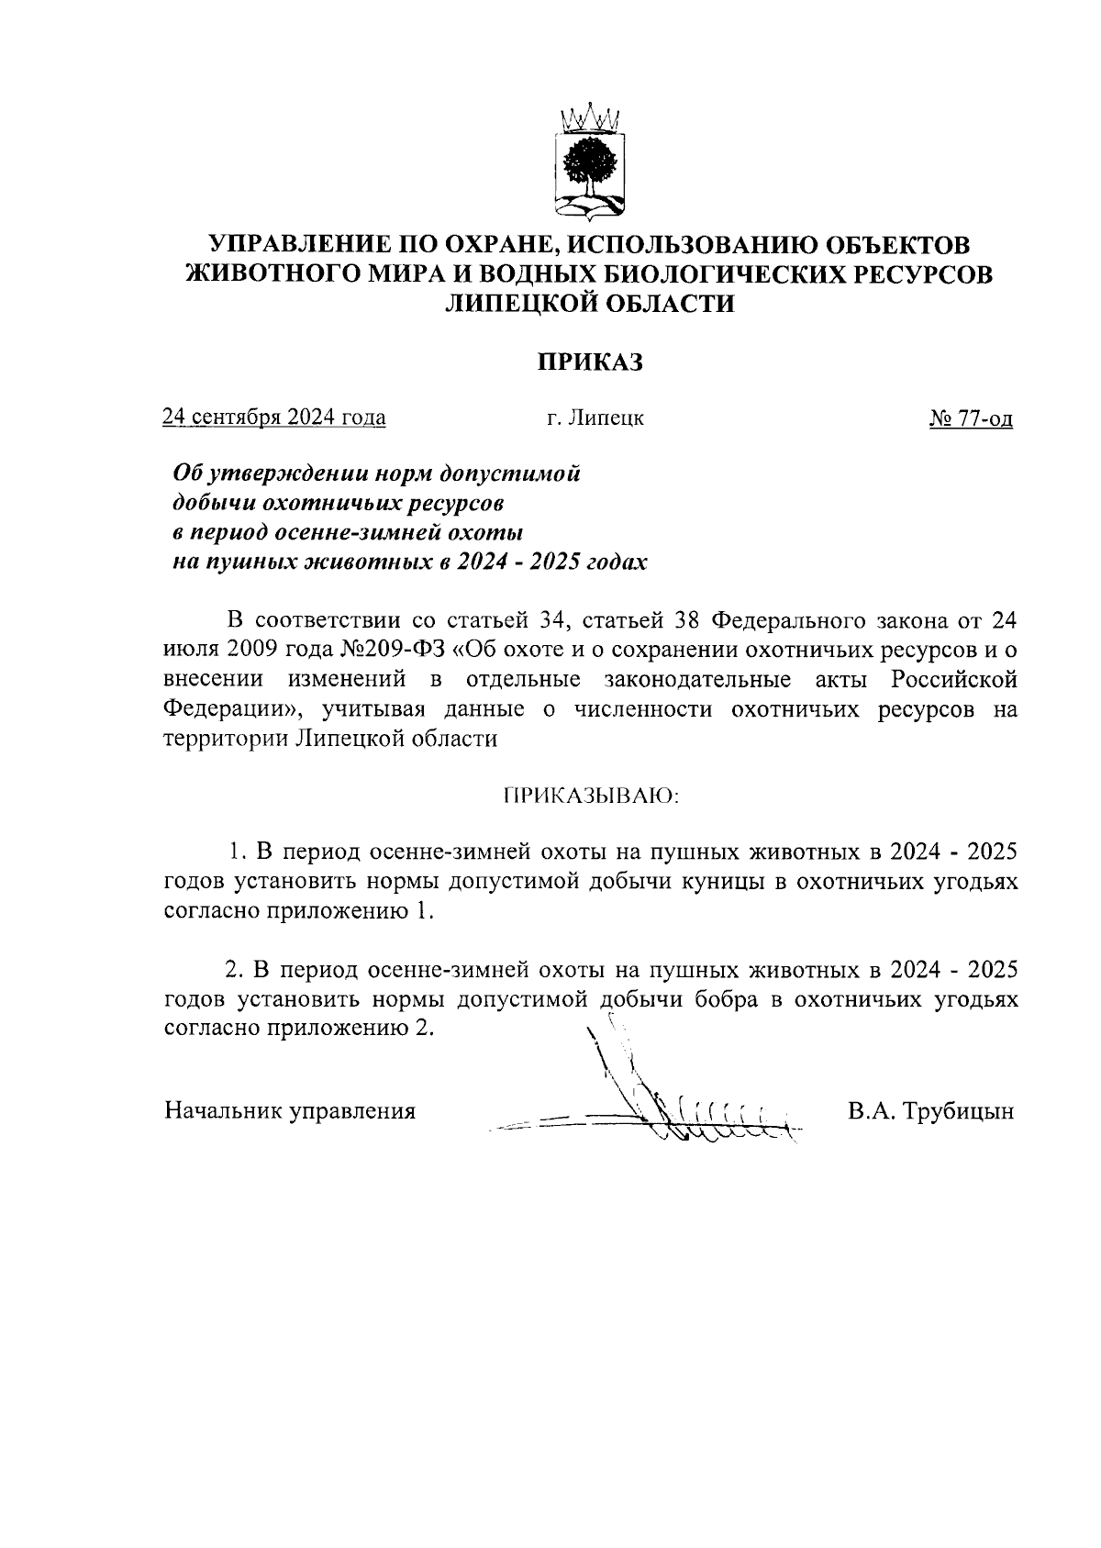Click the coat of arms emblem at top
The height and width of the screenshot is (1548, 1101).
[589, 163]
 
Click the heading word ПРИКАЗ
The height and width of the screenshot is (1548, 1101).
[588, 362]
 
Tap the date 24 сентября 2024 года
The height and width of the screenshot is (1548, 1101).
[273, 418]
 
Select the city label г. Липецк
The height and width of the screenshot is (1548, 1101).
[595, 418]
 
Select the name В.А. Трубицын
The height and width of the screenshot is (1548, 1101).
[930, 1111]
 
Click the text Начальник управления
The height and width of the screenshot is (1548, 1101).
[290, 1111]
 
